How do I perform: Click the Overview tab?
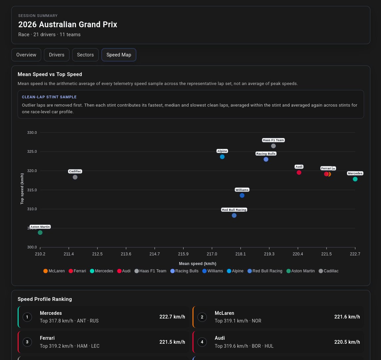(x=26, y=55)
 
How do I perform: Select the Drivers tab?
(x=57, y=55)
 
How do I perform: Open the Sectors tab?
(x=85, y=55)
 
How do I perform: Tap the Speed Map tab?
(x=119, y=55)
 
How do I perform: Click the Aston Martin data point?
(x=40, y=232)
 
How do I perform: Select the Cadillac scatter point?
(x=75, y=177)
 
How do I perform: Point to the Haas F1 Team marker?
(x=273, y=146)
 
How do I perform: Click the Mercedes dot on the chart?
(x=355, y=179)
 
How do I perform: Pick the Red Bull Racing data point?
(x=234, y=216)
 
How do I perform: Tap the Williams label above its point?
(x=242, y=190)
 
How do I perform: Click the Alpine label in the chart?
(x=222, y=151)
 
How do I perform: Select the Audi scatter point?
(x=299, y=172)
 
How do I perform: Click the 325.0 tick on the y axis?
(x=32, y=152)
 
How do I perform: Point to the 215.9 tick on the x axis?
(x=183, y=254)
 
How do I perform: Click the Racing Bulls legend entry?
(x=185, y=271)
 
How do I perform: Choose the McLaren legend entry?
(x=54, y=271)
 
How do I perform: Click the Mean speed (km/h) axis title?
(x=197, y=264)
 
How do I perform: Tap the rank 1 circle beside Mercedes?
(x=27, y=317)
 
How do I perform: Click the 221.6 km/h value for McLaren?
(x=347, y=317)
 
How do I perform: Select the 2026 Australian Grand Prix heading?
(x=67, y=25)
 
